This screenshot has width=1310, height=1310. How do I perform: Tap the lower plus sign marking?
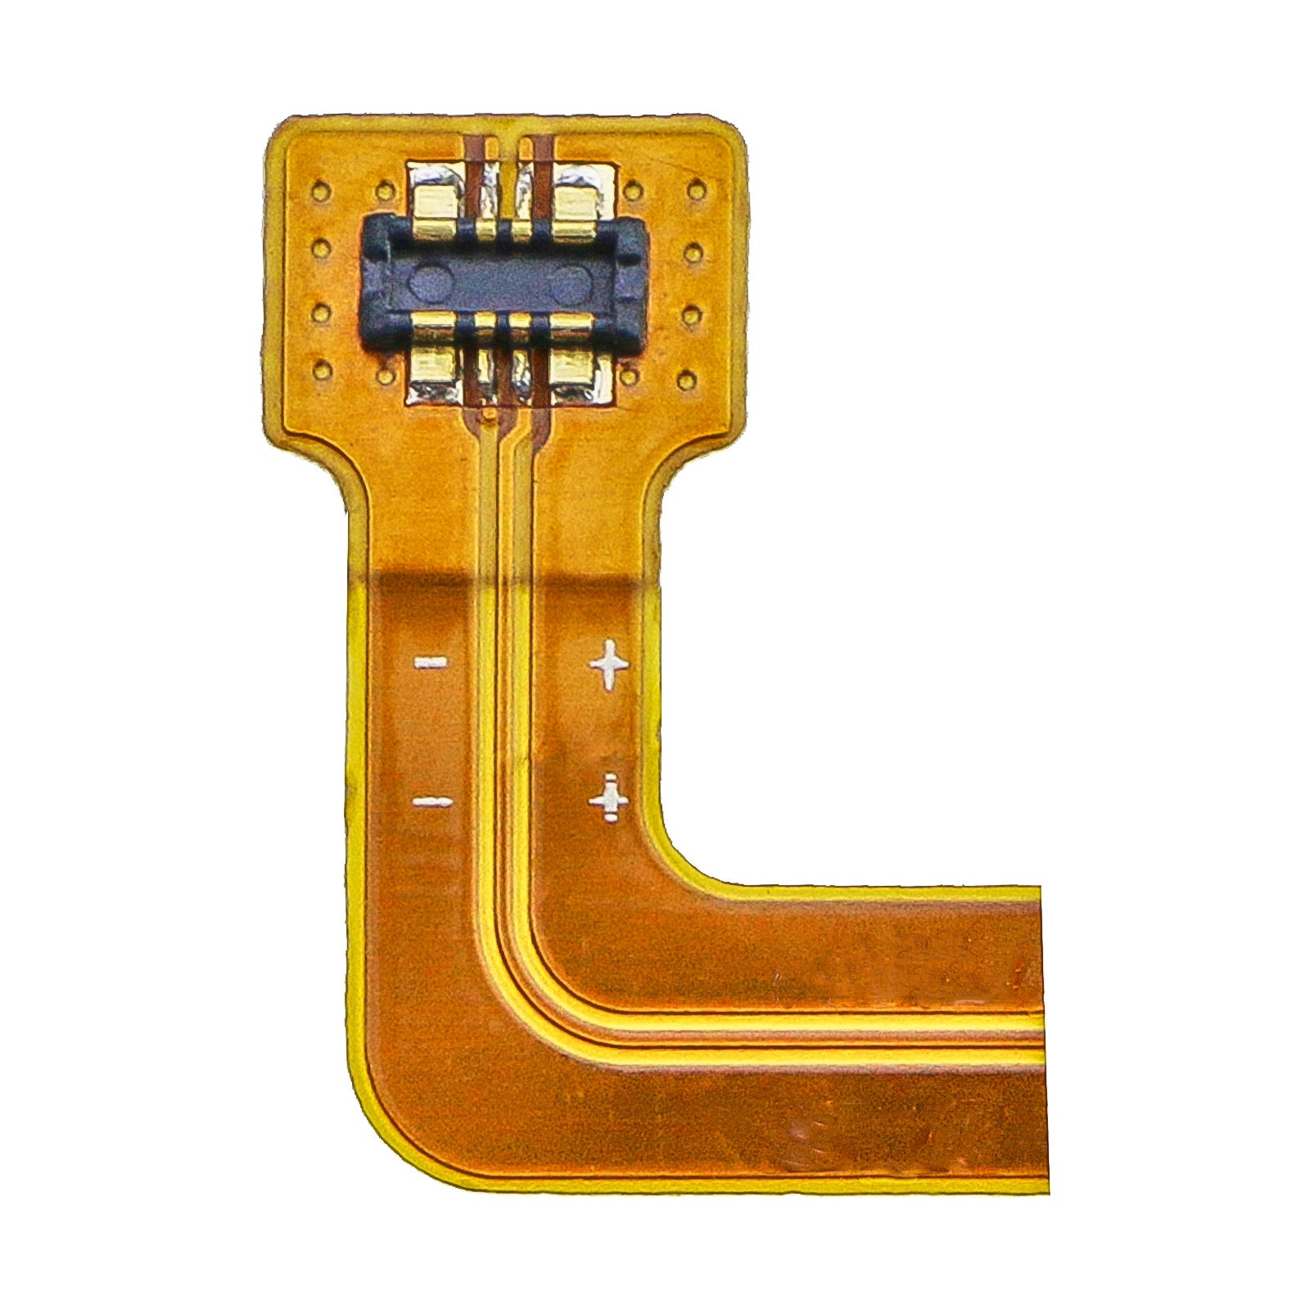[609, 797]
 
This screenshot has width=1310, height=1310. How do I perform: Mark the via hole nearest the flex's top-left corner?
[321, 192]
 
